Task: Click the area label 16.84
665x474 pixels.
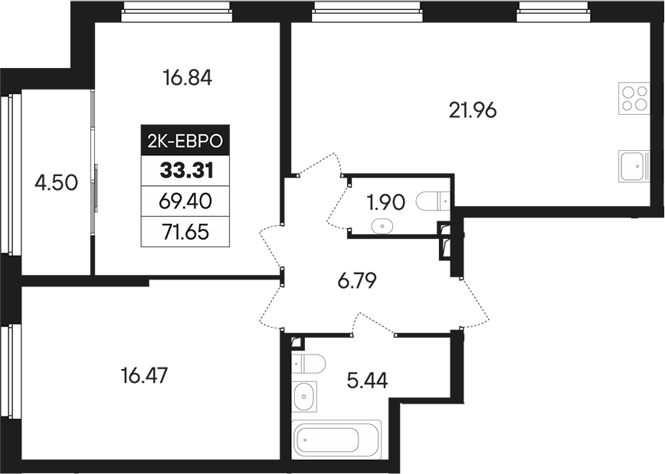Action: [x=187, y=77]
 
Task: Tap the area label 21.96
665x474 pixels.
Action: [x=473, y=110]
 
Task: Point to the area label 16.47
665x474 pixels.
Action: [x=144, y=376]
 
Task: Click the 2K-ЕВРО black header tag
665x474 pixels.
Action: [x=184, y=141]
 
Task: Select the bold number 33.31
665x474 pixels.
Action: [x=184, y=170]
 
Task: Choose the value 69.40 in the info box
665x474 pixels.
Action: [x=184, y=201]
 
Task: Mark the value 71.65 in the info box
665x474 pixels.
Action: [x=184, y=230]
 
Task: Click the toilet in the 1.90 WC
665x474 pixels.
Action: [x=433, y=201]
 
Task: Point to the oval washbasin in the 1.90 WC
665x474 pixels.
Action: [x=382, y=226]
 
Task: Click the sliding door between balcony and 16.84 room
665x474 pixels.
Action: [x=94, y=184]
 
